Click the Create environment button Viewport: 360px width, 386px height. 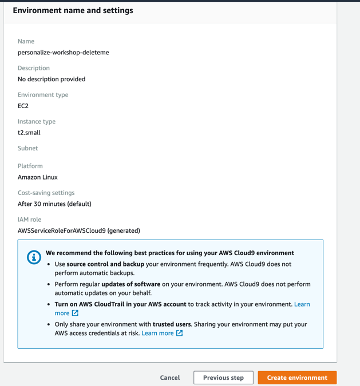pos(297,377)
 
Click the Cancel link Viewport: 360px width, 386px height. pos(169,377)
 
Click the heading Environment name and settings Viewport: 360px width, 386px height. pos(73,10)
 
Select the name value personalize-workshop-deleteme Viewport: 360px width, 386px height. pos(63,53)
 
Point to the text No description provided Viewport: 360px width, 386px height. pos(52,79)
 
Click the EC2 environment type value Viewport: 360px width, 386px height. pos(23,106)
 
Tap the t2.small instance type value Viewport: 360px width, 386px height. pos(29,133)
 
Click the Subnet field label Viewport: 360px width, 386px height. pos(27,148)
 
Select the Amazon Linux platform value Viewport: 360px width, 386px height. pos(38,177)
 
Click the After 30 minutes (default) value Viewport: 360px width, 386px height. pos(54,204)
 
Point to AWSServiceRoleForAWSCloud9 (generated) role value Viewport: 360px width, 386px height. pos(79,230)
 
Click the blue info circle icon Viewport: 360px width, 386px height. pos(34,257)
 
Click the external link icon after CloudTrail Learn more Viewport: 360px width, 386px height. pos(75,313)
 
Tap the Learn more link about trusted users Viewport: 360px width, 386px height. pos(157,333)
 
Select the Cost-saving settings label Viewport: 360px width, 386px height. pos(46,193)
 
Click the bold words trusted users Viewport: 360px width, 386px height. pos(172,324)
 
